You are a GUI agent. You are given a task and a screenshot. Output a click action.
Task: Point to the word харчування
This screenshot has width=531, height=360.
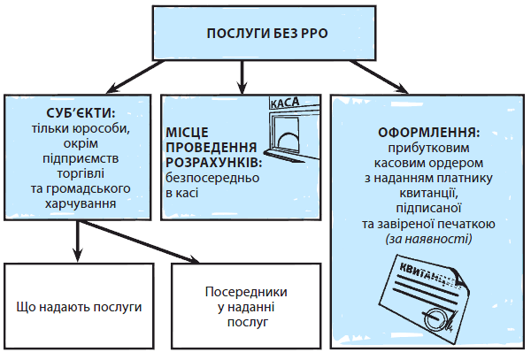coord(81,204)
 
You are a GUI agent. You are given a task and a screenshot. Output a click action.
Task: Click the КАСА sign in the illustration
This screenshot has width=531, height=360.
coord(283,103)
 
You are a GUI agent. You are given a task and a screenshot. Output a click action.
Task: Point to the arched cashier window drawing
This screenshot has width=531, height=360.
coord(289,137)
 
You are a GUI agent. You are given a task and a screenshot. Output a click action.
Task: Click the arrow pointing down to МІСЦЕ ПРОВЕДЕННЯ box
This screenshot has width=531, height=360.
coord(243,81)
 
